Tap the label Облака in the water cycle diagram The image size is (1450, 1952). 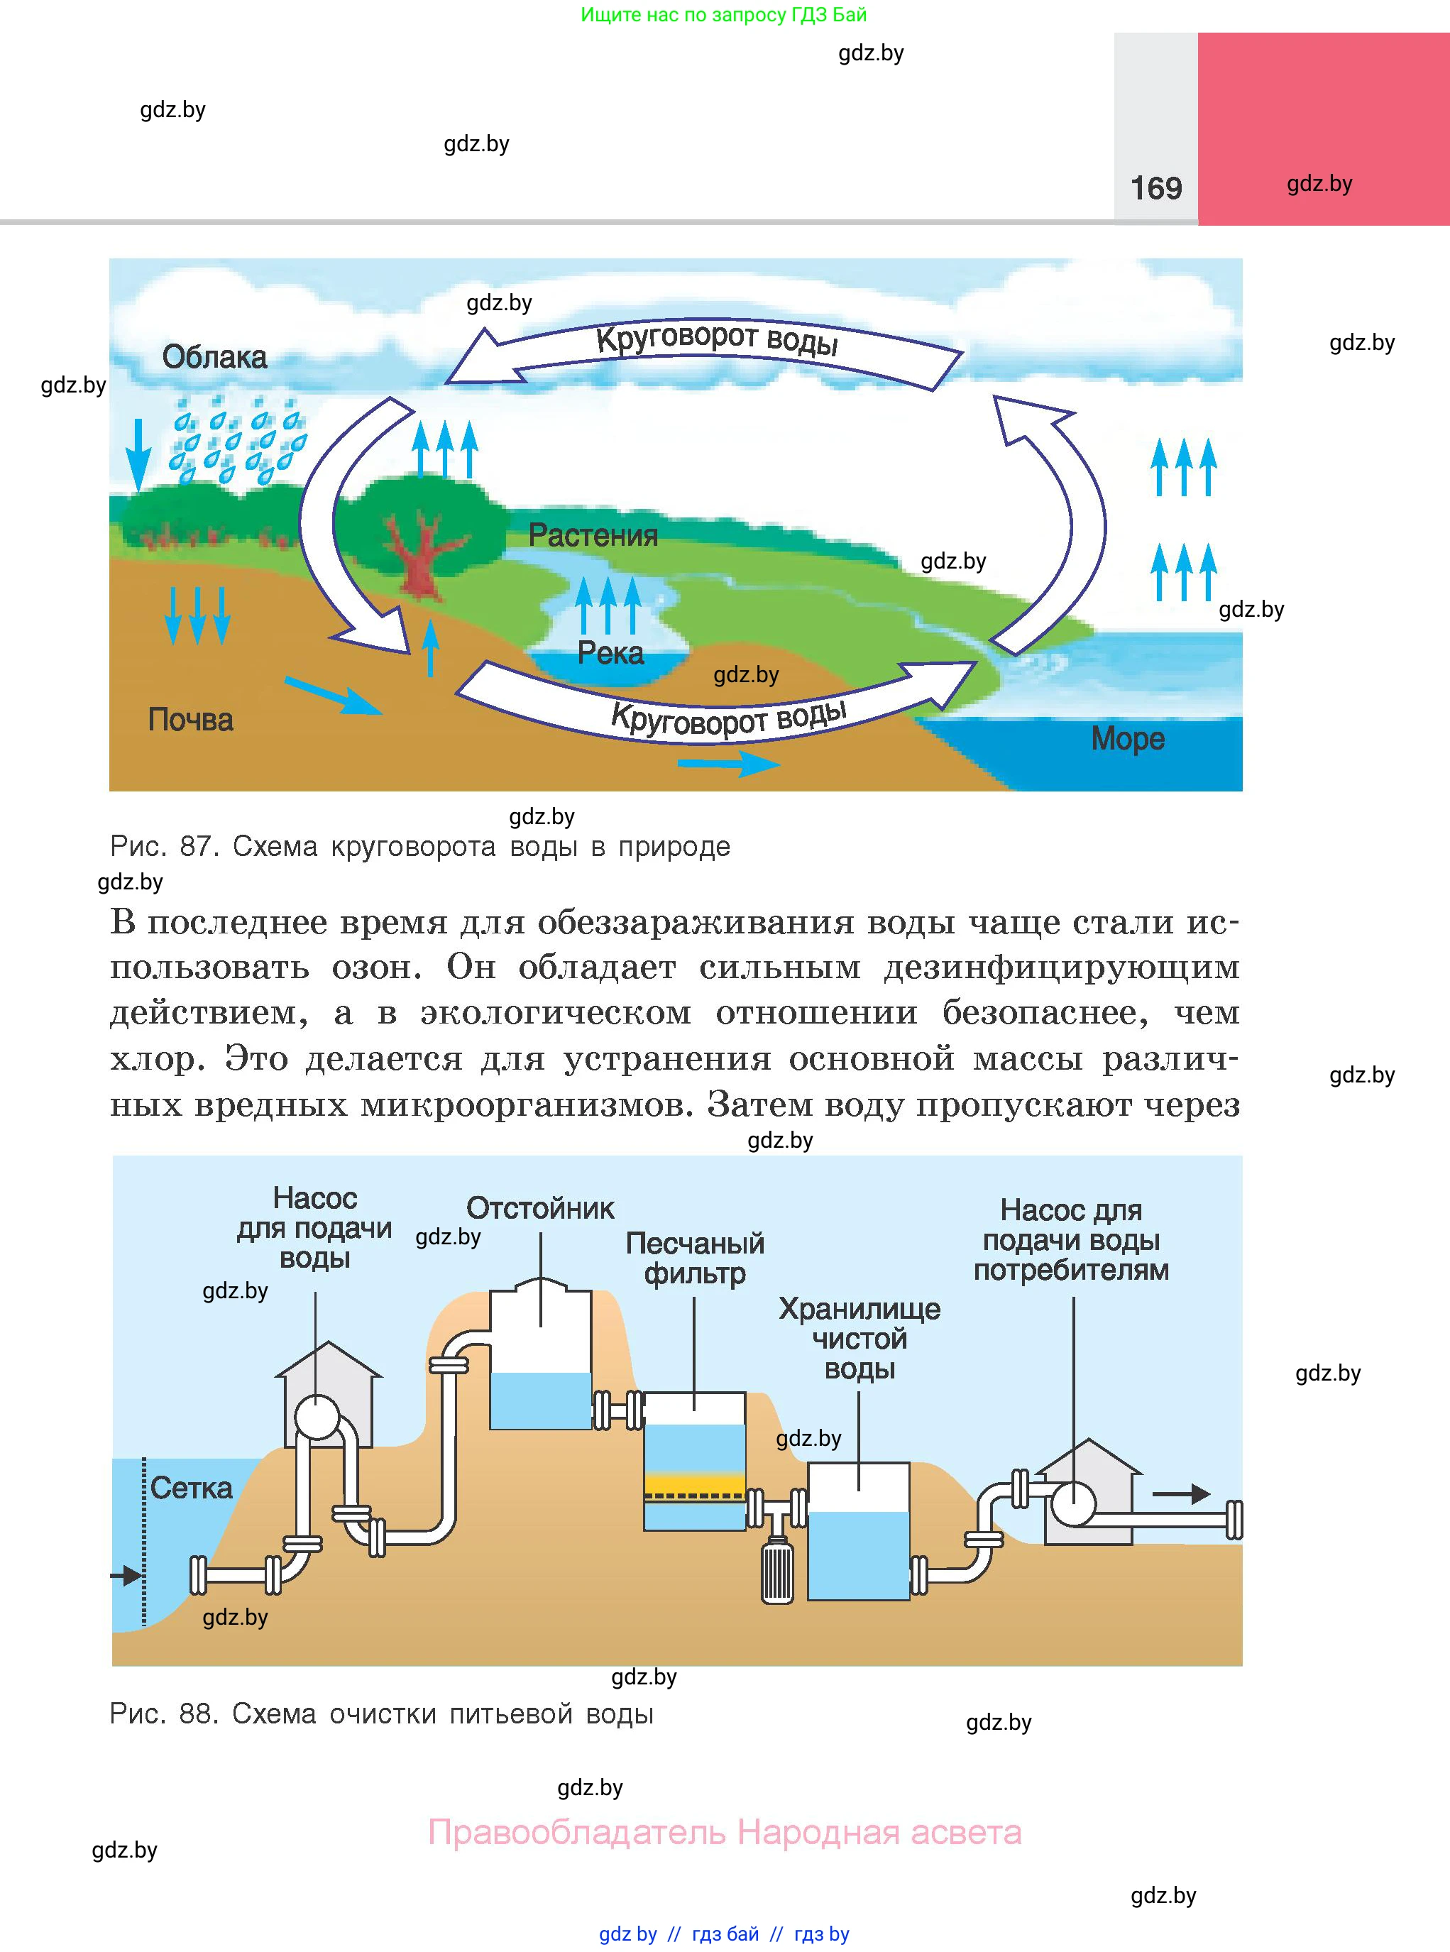(x=214, y=357)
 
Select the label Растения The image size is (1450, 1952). (x=593, y=535)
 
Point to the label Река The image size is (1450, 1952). (x=610, y=653)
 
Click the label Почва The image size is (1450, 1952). (x=190, y=720)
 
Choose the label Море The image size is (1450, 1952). (x=1127, y=739)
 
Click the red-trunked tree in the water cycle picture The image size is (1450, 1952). (x=419, y=553)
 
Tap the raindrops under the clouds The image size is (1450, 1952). (x=237, y=439)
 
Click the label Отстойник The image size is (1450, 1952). (x=540, y=1209)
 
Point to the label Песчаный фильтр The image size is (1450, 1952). (x=694, y=1258)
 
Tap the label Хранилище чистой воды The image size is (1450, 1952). (x=859, y=1339)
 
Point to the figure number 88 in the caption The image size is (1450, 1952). (x=197, y=1714)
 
